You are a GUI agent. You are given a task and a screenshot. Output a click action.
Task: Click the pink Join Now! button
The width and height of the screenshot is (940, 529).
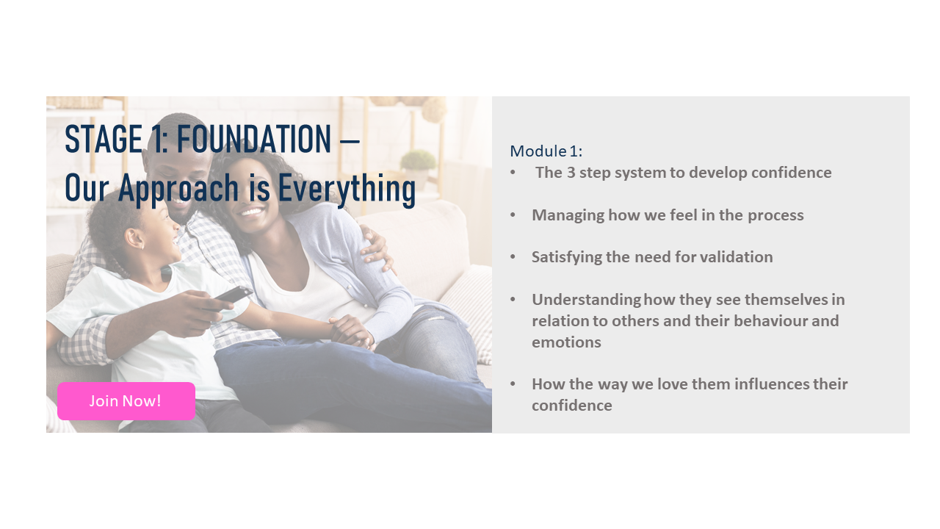(x=126, y=401)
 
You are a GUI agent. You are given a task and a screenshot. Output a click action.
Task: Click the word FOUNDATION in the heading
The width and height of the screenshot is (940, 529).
(x=254, y=139)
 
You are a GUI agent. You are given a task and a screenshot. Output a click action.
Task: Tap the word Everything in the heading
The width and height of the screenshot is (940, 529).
(x=347, y=189)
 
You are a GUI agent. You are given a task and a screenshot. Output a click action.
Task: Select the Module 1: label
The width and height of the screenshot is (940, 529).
(x=546, y=151)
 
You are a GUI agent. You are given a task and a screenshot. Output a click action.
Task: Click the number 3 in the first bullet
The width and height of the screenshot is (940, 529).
(x=571, y=173)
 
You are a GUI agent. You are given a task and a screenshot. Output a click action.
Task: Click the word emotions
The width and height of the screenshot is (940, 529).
(x=566, y=342)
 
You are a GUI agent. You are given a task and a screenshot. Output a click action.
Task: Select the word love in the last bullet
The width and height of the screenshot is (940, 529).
(x=672, y=384)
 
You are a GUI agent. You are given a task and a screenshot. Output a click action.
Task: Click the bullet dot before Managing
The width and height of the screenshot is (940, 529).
(x=513, y=215)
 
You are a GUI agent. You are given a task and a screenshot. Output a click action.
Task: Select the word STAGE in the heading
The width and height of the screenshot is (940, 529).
(x=104, y=139)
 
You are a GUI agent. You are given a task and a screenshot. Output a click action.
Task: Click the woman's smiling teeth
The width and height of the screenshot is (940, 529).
(x=250, y=212)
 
